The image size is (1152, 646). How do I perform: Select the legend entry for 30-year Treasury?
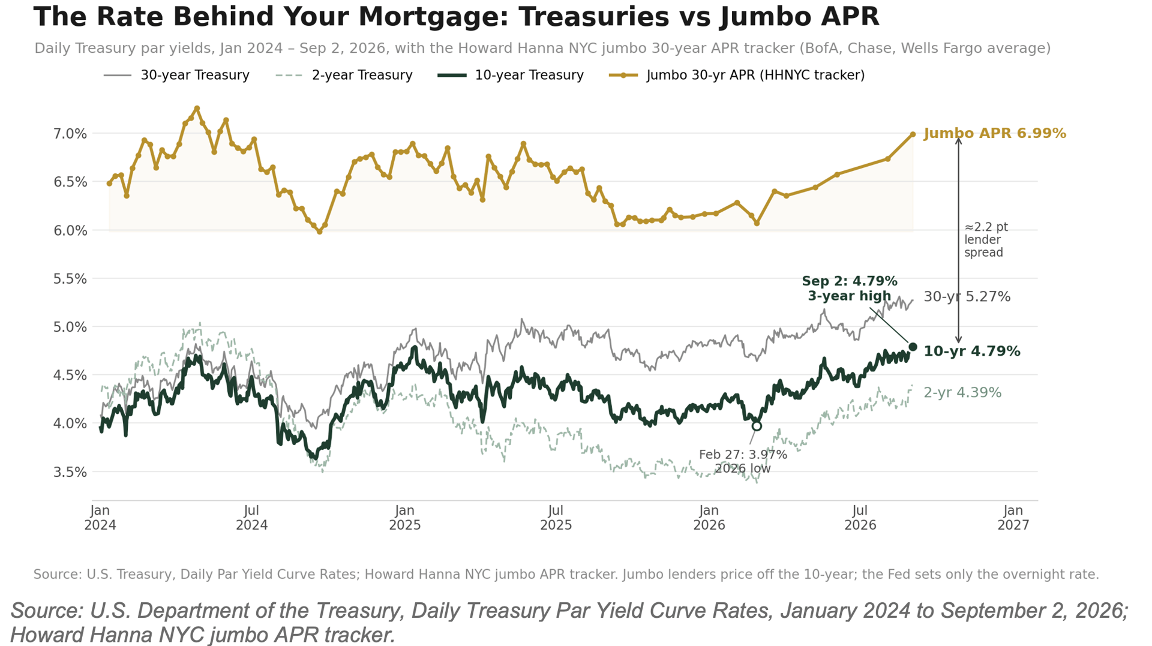click(176, 76)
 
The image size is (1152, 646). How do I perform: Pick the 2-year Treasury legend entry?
click(344, 76)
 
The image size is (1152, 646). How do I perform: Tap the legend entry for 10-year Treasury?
click(511, 76)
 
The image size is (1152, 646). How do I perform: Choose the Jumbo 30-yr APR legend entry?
click(737, 76)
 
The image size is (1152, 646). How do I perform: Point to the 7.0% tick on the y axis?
click(70, 134)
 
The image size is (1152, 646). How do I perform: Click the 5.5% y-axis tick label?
click(70, 279)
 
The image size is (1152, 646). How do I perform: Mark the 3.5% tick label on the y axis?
click(70, 473)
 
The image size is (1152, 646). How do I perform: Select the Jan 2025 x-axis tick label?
click(405, 518)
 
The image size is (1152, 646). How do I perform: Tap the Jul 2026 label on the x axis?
click(860, 518)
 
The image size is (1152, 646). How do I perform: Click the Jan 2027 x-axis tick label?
click(1013, 518)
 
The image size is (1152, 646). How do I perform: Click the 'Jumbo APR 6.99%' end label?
click(995, 134)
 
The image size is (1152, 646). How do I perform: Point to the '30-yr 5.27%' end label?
click(967, 297)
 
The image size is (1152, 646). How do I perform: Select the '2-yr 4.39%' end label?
click(962, 393)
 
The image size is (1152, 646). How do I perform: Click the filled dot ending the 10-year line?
click(913, 347)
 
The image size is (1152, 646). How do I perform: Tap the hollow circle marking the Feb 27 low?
click(757, 426)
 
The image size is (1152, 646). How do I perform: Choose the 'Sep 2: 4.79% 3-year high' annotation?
click(850, 289)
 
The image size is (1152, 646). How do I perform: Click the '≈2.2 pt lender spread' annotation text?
click(986, 240)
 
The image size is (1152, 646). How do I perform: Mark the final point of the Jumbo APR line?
click(913, 134)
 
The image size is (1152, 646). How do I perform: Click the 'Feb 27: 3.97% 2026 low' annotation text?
click(743, 462)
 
